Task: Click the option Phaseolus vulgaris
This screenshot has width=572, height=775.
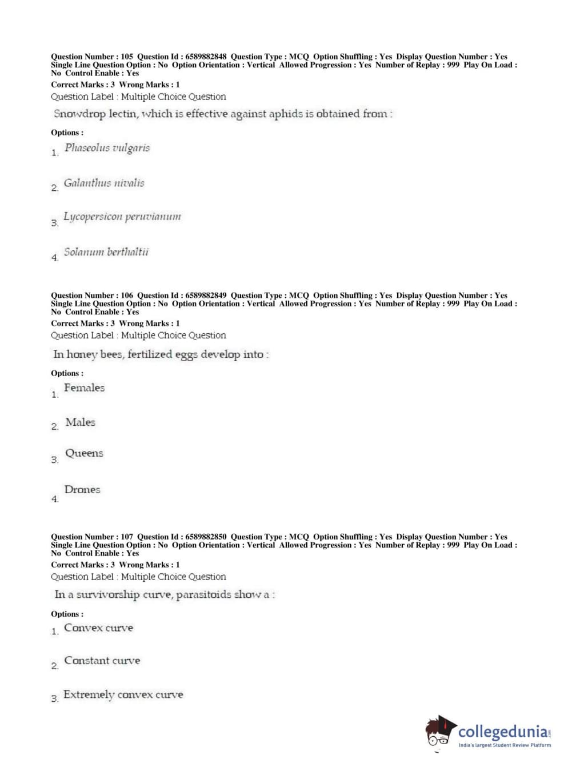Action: [x=107, y=148]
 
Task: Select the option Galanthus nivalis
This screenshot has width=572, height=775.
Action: [x=104, y=183]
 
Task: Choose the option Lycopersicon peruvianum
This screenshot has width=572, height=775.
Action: [x=122, y=217]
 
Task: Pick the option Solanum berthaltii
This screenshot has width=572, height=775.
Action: [x=106, y=252]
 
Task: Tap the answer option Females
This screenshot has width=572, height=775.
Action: [x=84, y=388]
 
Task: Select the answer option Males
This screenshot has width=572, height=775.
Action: [x=80, y=422]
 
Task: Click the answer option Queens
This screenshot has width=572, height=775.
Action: [x=84, y=454]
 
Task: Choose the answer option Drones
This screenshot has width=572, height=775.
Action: [x=82, y=490]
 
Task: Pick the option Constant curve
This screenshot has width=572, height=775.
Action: [x=102, y=661]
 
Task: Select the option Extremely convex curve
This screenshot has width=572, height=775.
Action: [x=123, y=695]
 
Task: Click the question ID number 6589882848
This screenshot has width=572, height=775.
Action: [x=206, y=57]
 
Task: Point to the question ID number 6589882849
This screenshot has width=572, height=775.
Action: [x=206, y=295]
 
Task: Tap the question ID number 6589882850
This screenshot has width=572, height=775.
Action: [x=206, y=537]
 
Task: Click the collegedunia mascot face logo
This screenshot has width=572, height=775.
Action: [x=439, y=732]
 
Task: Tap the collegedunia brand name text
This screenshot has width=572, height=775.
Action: [x=503, y=732]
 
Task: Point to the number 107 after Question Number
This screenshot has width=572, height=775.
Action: [x=127, y=537]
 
